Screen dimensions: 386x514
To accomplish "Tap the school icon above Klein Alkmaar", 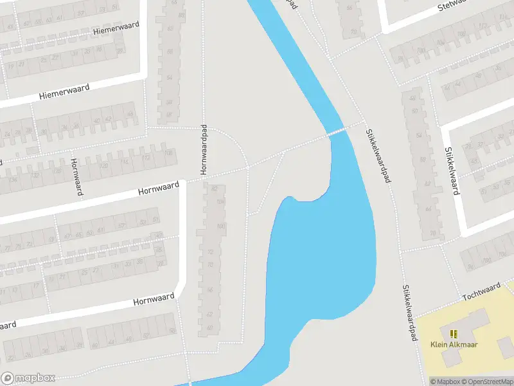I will point(454,333).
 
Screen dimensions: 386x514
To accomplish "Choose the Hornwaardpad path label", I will point(204,150).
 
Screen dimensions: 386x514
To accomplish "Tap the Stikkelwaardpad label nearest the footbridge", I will point(378,155).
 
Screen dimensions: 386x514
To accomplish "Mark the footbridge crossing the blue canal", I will point(337,131).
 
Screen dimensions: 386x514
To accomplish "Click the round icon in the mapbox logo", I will point(8,378).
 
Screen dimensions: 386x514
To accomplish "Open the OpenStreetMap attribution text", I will point(486,381).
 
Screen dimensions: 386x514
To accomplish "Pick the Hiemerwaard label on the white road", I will point(64,91).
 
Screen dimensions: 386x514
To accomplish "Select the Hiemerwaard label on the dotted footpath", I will point(114,30).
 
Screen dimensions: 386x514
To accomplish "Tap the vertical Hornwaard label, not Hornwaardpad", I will point(76,178).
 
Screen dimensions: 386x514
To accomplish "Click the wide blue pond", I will point(321,257).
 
